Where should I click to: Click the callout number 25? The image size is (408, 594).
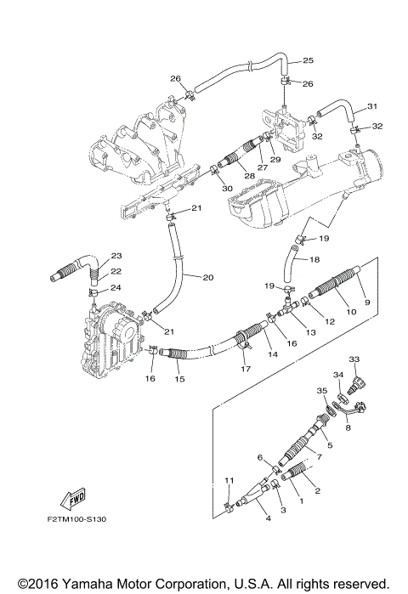[x=308, y=60]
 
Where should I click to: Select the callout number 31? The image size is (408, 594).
[x=371, y=106]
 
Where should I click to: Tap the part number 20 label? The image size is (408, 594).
[x=208, y=276]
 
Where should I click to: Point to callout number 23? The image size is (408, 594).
[x=116, y=256]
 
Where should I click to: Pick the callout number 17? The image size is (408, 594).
[x=246, y=369]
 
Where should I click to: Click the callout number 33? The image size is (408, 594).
[x=354, y=359]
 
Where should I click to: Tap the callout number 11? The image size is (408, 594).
[x=228, y=481]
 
